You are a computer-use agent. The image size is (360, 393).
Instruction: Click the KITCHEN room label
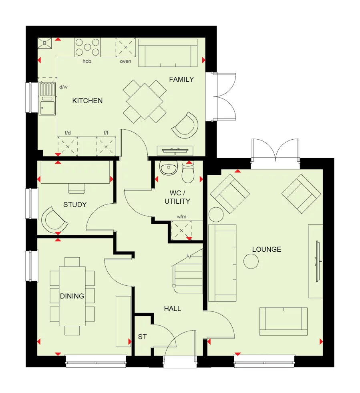click(87, 101)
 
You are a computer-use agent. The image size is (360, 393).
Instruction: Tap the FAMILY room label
click(181, 79)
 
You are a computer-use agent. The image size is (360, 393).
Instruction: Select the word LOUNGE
click(266, 249)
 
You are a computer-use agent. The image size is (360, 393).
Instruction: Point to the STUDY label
click(75, 205)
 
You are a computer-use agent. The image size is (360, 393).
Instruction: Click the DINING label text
click(72, 296)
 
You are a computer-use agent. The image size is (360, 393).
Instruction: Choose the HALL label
click(172, 309)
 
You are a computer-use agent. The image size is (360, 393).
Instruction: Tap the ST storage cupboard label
click(142, 337)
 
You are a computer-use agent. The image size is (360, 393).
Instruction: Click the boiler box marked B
click(45, 43)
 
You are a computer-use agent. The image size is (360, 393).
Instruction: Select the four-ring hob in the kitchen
click(87, 47)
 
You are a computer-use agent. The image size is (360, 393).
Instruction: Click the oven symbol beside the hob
click(125, 47)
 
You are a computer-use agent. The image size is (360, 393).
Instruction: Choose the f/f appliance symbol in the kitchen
click(106, 146)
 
